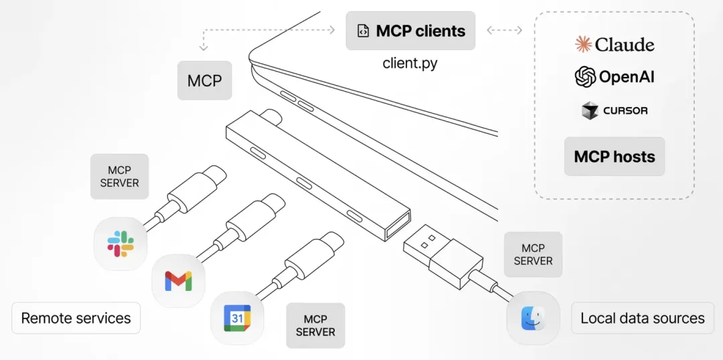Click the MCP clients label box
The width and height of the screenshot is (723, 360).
[x=410, y=31]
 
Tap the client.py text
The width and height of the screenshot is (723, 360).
[x=410, y=64]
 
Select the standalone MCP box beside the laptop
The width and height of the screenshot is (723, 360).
[x=204, y=81]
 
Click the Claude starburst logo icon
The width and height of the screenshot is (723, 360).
[x=584, y=44]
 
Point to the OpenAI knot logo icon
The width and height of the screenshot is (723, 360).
[x=585, y=77]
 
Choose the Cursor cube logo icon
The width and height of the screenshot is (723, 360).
[x=589, y=110]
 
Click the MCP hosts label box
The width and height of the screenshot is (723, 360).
[x=614, y=157]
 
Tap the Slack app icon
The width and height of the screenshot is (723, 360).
[x=120, y=244]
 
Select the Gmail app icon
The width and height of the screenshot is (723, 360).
[x=178, y=281]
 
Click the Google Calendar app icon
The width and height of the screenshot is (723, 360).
[x=237, y=318]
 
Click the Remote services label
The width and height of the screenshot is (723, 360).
[x=76, y=318]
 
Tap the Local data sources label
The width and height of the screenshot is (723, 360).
[x=642, y=318]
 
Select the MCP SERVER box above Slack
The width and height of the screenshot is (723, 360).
[x=120, y=177]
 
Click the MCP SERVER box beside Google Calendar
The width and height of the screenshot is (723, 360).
[x=315, y=326]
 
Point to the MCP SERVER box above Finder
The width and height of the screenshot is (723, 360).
[x=533, y=254]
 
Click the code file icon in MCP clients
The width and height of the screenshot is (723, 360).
[x=363, y=31]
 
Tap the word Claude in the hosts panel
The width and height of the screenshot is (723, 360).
[x=625, y=44]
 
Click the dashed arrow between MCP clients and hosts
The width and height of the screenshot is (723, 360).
[x=505, y=30]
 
